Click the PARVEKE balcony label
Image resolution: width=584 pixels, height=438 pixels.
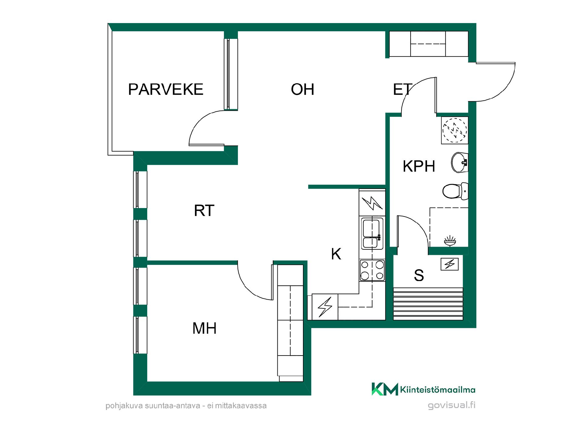(x=166, y=89)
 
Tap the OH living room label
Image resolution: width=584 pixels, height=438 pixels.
(x=303, y=89)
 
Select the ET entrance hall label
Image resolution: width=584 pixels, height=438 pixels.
(x=402, y=89)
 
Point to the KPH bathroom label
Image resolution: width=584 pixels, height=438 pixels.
(x=419, y=166)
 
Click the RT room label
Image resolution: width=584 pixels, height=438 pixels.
(x=204, y=210)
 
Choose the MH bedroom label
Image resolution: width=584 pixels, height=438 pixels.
(x=204, y=328)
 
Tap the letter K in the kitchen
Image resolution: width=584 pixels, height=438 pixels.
(x=336, y=254)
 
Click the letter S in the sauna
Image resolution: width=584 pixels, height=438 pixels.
(x=419, y=275)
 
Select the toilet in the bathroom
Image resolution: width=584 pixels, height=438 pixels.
(x=455, y=191)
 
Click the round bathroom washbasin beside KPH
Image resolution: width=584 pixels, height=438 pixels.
(x=460, y=162)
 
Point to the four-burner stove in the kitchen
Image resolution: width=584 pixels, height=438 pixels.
(x=372, y=270)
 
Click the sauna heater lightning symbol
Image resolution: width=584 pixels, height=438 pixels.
(x=450, y=264)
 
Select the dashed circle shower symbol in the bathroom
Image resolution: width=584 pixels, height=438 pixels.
(x=454, y=130)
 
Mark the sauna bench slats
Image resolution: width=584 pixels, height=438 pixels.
(x=428, y=304)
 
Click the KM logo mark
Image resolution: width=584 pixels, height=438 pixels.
(x=385, y=389)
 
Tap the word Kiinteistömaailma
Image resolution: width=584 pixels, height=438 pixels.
(x=438, y=390)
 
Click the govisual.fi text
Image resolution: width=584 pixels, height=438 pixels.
(x=451, y=405)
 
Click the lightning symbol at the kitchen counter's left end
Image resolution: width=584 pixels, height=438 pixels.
(x=325, y=307)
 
